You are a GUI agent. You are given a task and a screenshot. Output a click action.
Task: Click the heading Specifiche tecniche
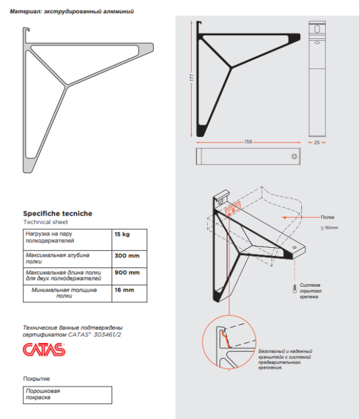pos(58,213)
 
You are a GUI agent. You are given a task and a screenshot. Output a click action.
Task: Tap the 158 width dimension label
pos(247,142)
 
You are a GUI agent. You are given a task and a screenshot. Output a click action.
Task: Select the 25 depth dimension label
pos(317,142)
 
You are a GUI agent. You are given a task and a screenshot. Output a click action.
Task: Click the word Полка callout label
pos(328,217)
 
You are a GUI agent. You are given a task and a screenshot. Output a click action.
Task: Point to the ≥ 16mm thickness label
pos(329,227)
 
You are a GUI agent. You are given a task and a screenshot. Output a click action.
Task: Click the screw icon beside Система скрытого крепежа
pos(293,289)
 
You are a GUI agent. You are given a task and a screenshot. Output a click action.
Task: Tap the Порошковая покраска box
pos(67,394)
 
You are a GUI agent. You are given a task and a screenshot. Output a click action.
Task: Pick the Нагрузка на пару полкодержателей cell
pos(66,238)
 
